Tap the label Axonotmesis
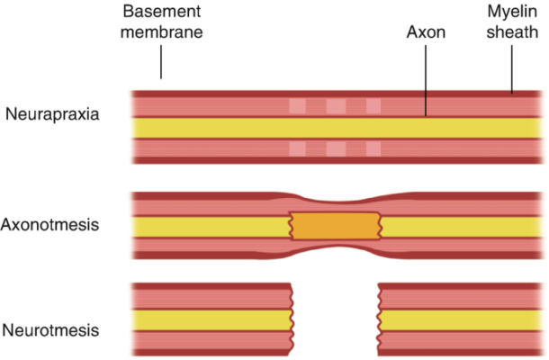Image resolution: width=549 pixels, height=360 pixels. [50, 224]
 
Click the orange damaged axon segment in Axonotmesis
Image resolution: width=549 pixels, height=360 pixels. [335, 226]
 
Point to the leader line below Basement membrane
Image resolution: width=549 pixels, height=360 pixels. [161, 63]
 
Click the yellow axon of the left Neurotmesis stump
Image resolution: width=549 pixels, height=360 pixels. [211, 319]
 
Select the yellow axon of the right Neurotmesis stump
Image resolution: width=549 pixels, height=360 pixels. [459, 319]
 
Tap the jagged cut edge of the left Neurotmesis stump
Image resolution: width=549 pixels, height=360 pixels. [292, 319]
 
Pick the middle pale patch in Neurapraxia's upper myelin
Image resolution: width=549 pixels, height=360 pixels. [335, 106]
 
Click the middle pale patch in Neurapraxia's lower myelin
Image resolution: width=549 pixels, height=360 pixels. [335, 148]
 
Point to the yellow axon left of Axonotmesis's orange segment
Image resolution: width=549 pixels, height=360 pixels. [211, 226]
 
